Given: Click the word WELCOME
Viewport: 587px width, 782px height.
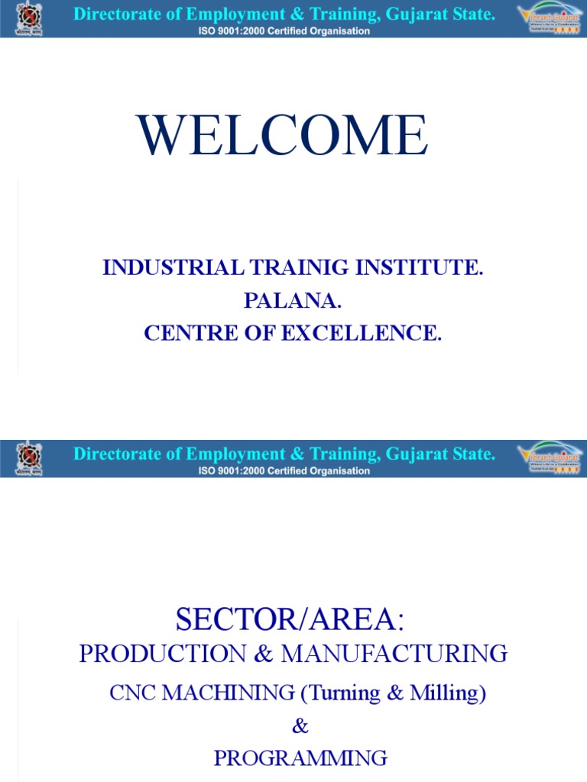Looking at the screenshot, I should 283,137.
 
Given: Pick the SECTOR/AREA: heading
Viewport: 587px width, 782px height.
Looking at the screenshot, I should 289,621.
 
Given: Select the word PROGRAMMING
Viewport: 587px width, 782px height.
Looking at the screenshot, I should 300,758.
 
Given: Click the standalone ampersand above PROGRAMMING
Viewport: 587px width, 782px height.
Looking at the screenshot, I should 300,725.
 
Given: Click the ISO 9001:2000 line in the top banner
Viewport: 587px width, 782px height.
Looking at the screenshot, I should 284,31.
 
